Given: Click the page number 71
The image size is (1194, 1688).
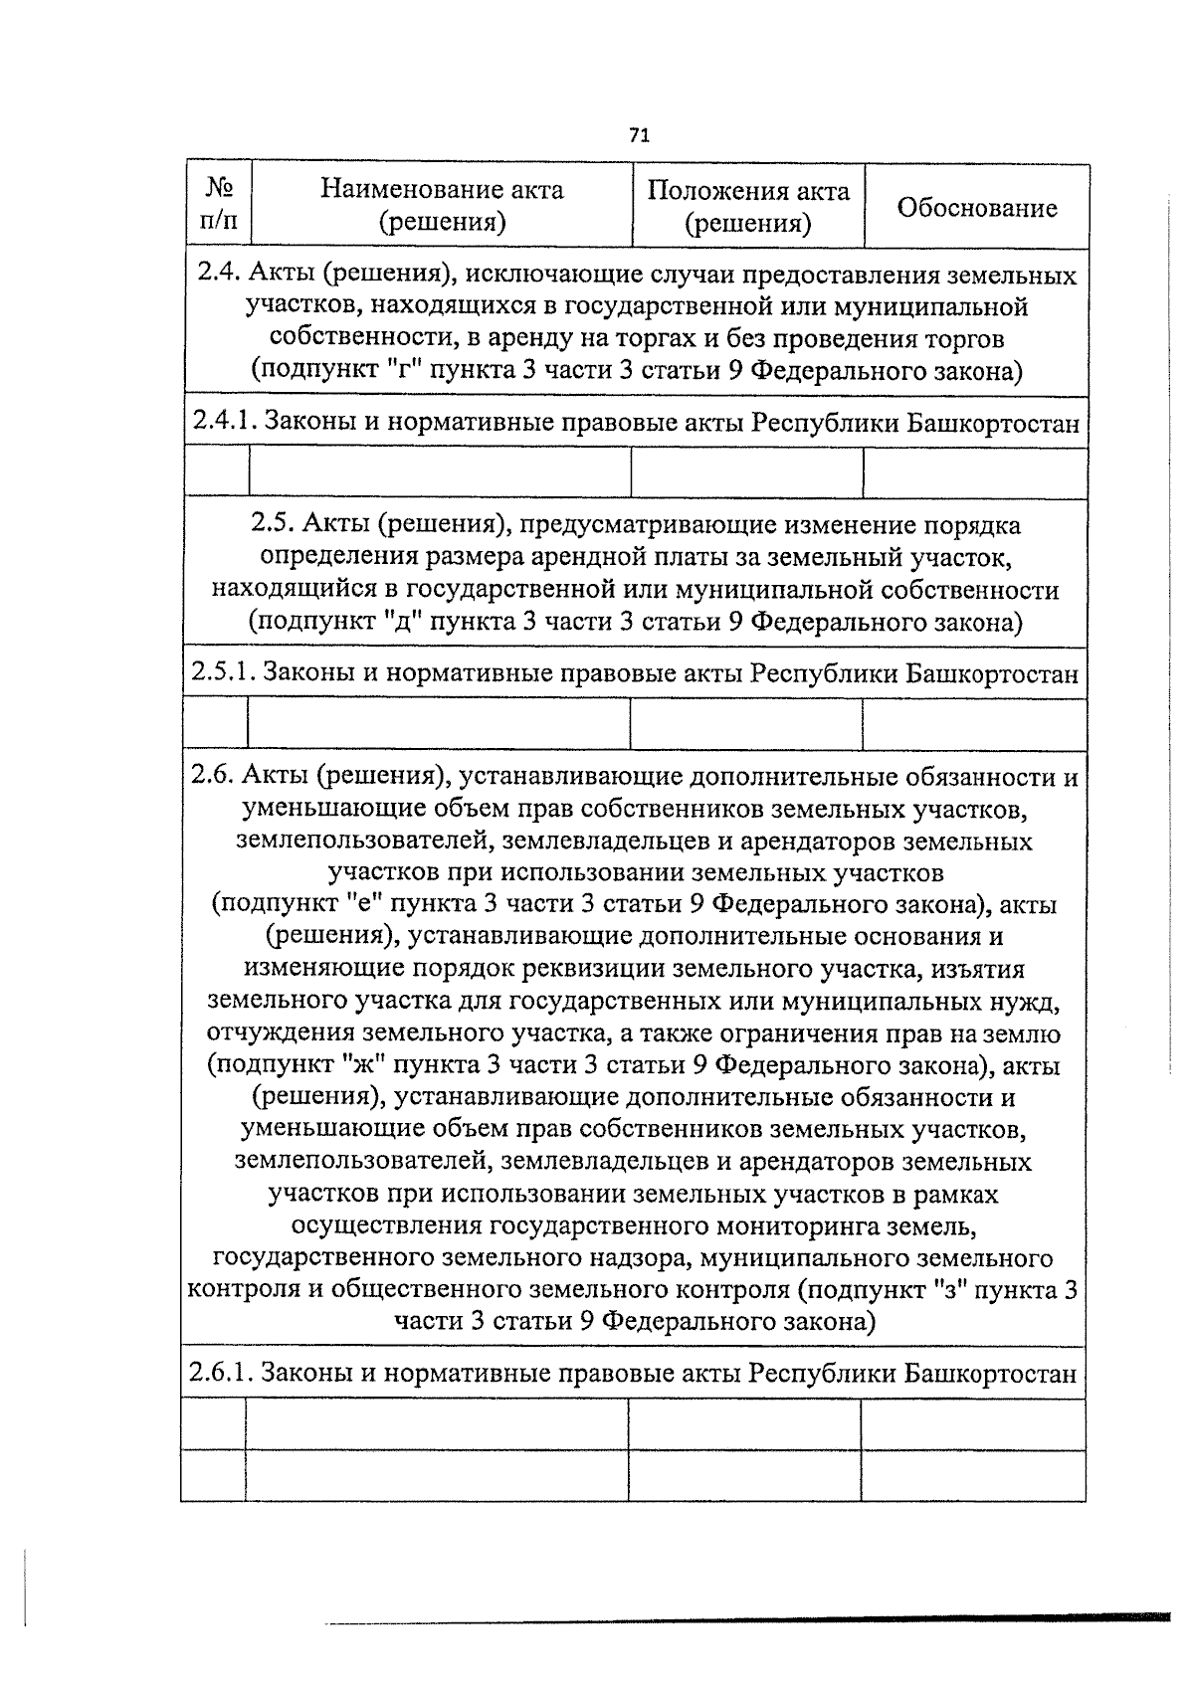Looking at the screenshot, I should tap(639, 135).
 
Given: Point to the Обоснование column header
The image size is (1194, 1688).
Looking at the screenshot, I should tap(976, 208).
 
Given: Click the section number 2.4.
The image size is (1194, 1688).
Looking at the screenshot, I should tap(218, 275).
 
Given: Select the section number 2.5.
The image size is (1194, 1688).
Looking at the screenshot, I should tap(272, 525).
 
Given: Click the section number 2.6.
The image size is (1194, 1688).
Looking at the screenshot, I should tap(213, 777).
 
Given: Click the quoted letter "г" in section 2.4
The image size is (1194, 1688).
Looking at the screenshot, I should tap(406, 371).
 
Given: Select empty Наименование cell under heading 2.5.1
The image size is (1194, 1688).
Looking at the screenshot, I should tap(439, 724).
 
